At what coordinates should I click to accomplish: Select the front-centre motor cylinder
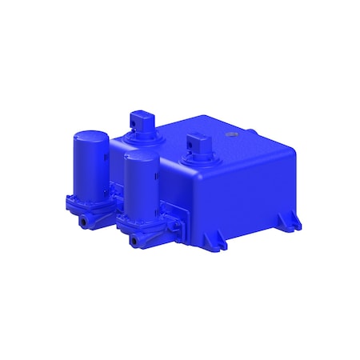(x=141, y=186)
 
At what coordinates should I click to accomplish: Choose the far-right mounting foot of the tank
(x=293, y=221)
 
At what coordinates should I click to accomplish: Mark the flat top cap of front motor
(x=141, y=158)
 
